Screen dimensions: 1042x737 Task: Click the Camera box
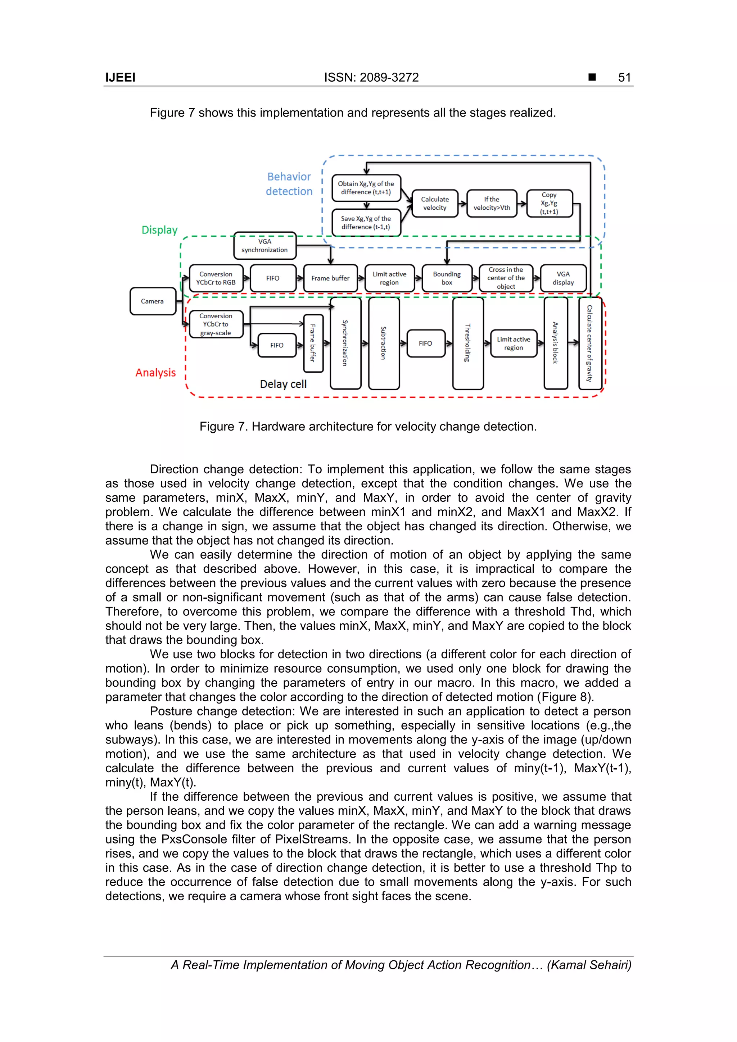coord(153,301)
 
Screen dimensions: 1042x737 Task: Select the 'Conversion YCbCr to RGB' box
coord(216,278)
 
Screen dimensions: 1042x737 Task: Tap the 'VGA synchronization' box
coord(265,246)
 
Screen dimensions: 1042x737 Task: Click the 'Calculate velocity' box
coord(435,203)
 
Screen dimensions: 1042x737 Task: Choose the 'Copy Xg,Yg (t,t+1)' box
coord(549,203)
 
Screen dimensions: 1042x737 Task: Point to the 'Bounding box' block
coord(447,278)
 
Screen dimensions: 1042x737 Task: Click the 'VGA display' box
coord(563,278)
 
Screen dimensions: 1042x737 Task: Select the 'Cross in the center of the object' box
coord(506,278)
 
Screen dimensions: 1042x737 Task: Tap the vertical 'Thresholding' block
coord(468,343)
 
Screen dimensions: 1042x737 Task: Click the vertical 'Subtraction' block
coord(384,343)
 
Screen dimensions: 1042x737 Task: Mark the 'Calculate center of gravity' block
coord(590,343)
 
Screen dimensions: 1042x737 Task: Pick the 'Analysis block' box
coord(555,343)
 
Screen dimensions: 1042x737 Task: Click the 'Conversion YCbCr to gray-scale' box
coord(216,324)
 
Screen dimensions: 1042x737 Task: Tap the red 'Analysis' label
coord(155,373)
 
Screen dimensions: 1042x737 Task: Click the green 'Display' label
coord(159,230)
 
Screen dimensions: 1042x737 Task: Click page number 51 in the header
coord(624,78)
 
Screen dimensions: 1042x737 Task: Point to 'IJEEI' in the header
coord(120,78)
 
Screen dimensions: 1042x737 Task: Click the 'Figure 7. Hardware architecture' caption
coord(368,427)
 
